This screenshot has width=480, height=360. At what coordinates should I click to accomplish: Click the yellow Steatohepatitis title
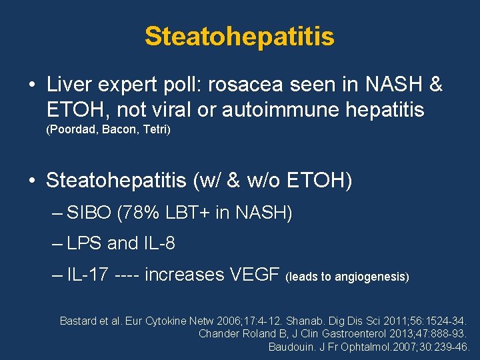(x=239, y=37)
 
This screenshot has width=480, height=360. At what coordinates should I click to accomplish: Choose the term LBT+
(x=187, y=214)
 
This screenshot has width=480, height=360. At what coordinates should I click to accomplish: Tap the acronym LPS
(x=85, y=244)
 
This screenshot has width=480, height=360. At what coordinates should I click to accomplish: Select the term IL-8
(x=159, y=244)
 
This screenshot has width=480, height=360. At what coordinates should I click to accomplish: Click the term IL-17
(x=89, y=274)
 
